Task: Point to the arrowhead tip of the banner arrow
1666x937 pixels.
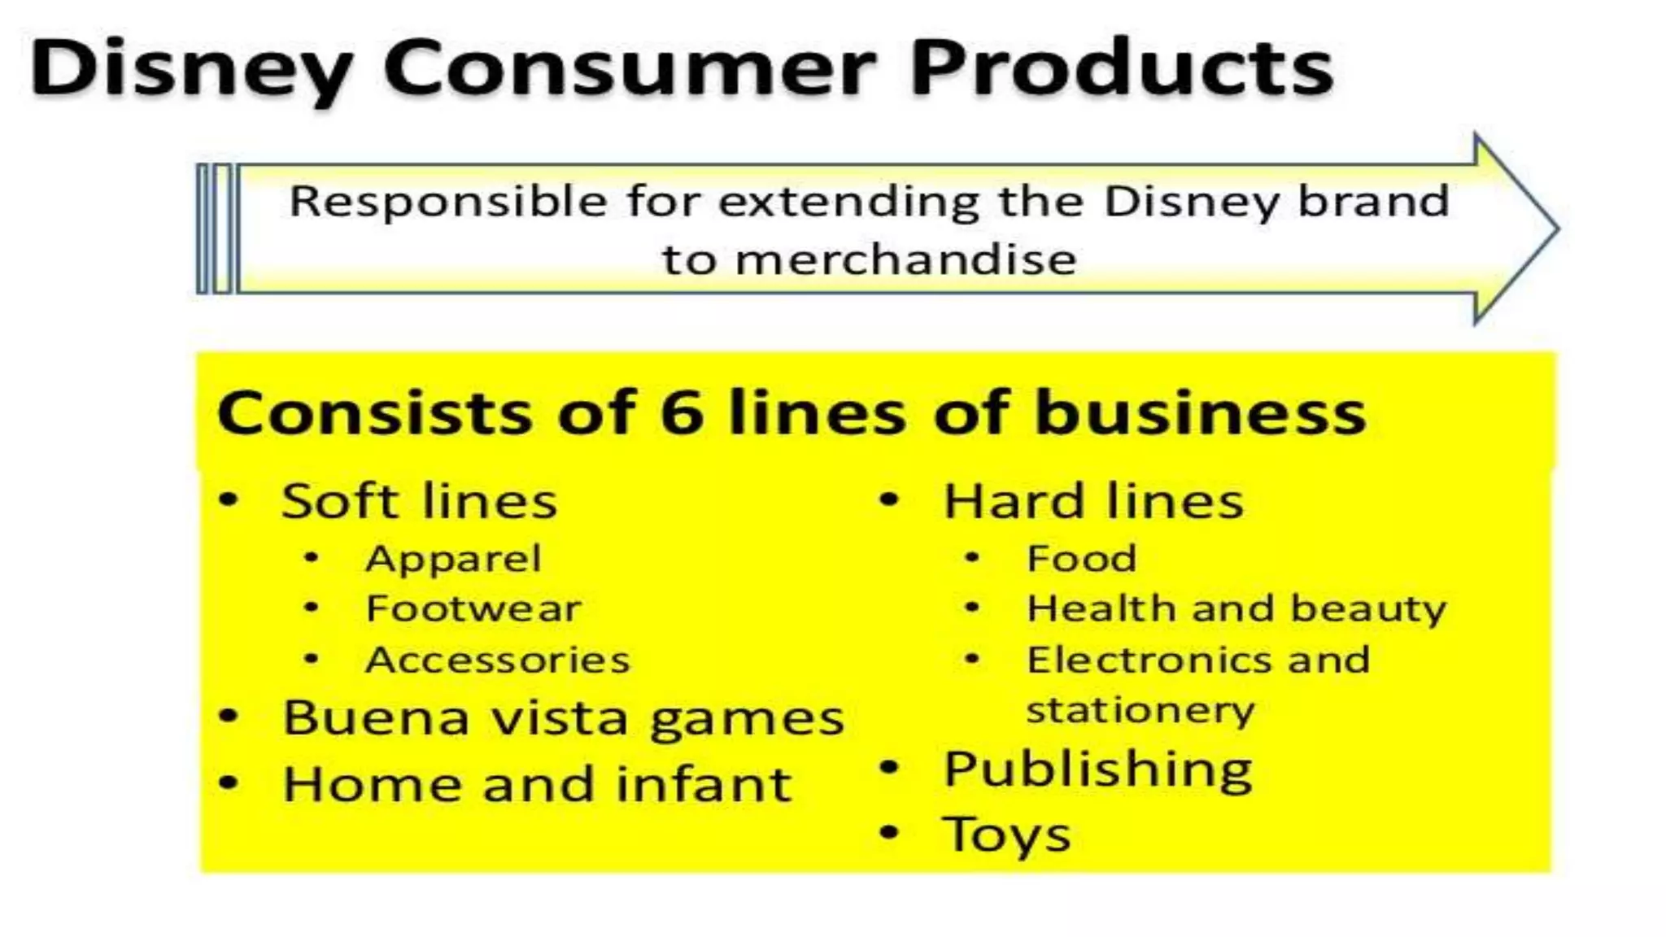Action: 1555,229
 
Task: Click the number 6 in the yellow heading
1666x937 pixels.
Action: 682,413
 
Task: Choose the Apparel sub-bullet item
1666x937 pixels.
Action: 453,559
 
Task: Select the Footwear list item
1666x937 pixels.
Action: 473,608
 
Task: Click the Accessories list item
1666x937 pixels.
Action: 498,660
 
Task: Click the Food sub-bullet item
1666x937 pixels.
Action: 1081,559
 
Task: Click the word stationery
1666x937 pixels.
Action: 1140,711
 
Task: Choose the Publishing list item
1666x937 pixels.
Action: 1097,769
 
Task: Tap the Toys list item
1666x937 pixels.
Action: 1006,835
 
